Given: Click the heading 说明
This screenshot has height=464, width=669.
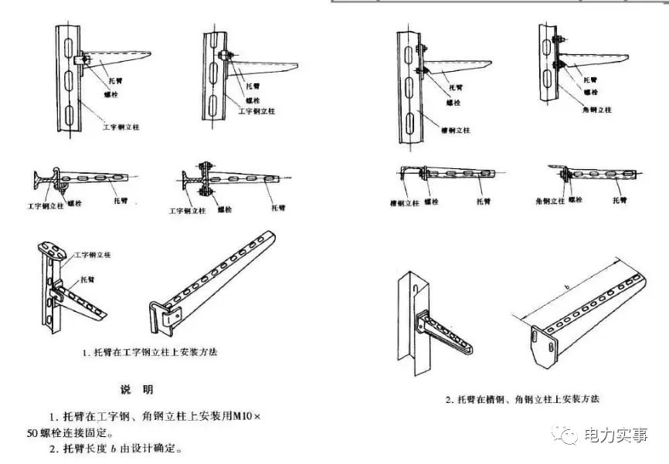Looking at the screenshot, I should (x=137, y=389).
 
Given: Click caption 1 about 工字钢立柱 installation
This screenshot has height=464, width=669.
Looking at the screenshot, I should (x=150, y=352).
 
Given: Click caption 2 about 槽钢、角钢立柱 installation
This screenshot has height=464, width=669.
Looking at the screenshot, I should (x=521, y=399).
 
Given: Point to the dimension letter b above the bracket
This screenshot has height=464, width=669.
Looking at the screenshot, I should (x=567, y=286).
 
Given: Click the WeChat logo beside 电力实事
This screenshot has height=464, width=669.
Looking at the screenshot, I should (x=568, y=436).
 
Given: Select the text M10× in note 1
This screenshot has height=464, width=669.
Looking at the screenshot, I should (x=245, y=417).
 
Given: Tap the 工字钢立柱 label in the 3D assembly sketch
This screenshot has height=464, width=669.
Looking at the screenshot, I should (x=93, y=255).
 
